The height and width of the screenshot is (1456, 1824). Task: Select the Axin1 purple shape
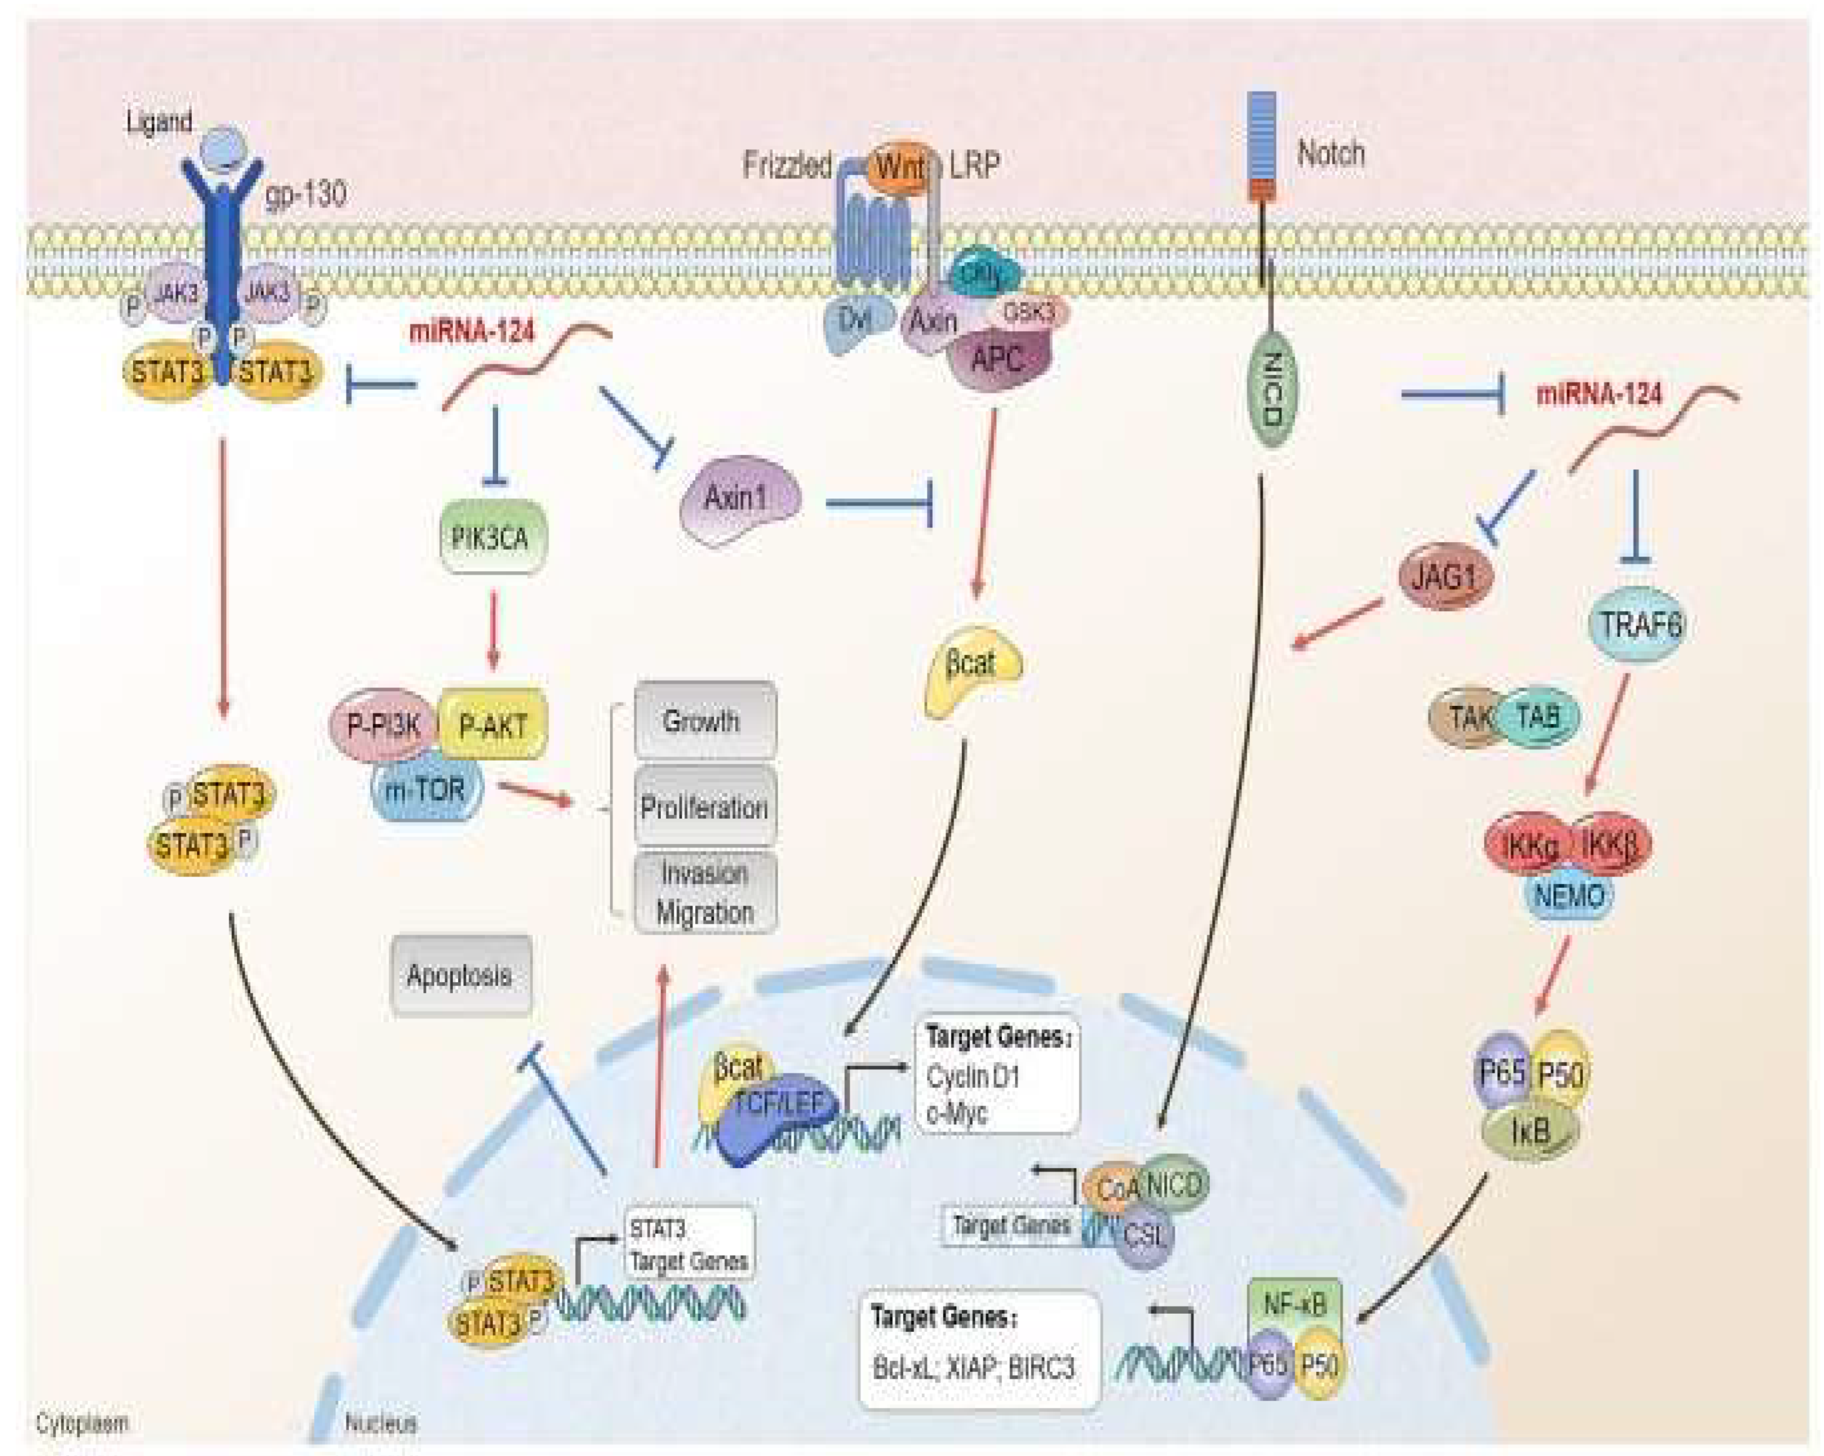tap(738, 499)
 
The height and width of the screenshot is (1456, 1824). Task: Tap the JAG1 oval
tap(1445, 577)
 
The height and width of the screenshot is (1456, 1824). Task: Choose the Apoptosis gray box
tap(461, 975)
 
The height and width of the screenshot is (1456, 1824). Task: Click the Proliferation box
tap(705, 807)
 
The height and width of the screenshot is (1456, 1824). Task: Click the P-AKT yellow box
tap(493, 725)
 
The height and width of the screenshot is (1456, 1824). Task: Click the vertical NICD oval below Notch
tap(1270, 389)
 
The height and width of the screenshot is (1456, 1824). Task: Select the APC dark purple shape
tap(998, 360)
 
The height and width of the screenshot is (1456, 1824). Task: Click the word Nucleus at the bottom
tap(380, 1423)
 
